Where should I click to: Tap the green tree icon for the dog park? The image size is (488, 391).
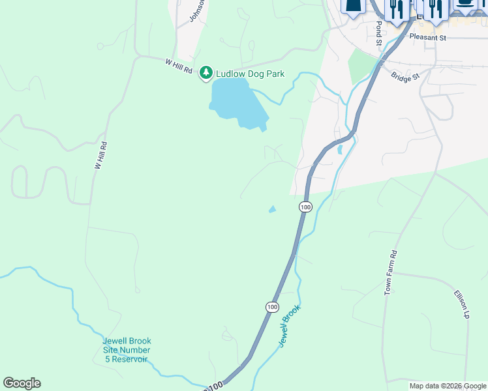(x=206, y=72)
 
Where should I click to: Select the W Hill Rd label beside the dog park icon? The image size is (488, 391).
(x=179, y=66)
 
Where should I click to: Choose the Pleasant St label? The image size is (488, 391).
(x=427, y=38)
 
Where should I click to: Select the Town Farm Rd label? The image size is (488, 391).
(x=391, y=272)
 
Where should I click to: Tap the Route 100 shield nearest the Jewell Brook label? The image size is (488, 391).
(x=272, y=306)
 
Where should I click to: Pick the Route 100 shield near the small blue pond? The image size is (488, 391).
(x=305, y=207)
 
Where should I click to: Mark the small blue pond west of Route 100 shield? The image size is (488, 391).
(x=272, y=209)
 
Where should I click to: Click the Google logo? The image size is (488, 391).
(x=22, y=383)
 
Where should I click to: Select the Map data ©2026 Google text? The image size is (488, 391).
(x=448, y=386)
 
